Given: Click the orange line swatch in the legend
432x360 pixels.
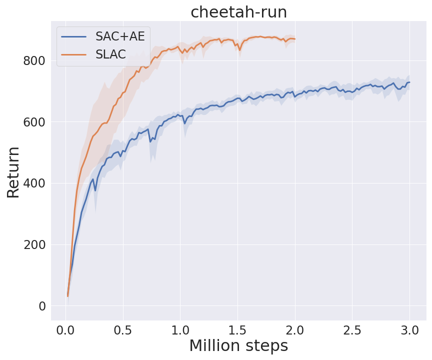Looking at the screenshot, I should (73, 54).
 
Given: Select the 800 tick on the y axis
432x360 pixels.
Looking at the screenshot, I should (33, 61).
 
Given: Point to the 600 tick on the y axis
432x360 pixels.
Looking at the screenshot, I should (33, 122).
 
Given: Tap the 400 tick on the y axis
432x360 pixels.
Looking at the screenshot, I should (33, 183).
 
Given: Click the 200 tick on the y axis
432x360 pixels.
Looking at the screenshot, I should (33, 244).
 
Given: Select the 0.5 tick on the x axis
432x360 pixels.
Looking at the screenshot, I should (123, 330).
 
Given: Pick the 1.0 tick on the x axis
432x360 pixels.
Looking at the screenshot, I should (180, 330).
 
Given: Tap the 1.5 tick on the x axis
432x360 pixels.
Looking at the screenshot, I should (237, 330).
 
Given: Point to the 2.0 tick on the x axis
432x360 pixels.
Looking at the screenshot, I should (295, 330).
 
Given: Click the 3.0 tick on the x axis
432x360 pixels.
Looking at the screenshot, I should (409, 330).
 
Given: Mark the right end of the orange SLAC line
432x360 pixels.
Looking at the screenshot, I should (295, 39).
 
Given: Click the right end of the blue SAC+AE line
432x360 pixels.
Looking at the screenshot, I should (409, 82).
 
